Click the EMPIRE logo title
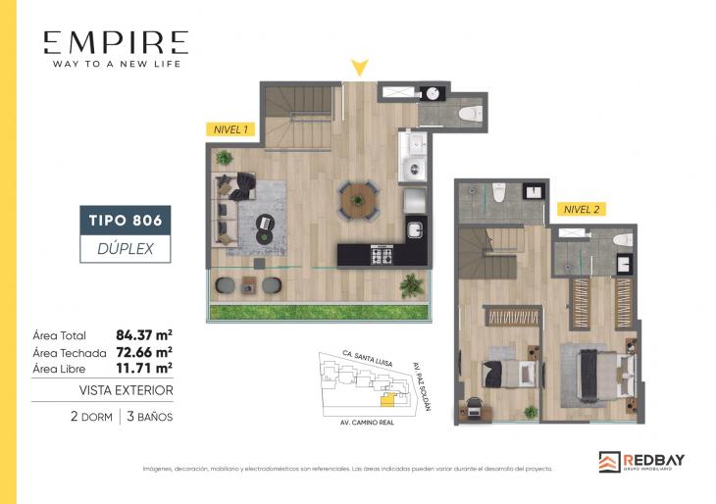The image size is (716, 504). [x=115, y=42]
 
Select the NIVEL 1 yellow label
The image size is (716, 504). [x=230, y=128]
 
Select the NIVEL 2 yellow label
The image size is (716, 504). [x=581, y=208]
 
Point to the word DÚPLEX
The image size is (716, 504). [x=126, y=249]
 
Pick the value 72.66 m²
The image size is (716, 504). [x=144, y=350]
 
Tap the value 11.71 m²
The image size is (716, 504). [x=144, y=368]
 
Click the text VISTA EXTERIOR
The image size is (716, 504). [x=127, y=390]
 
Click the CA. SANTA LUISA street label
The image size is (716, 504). [x=368, y=360]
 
